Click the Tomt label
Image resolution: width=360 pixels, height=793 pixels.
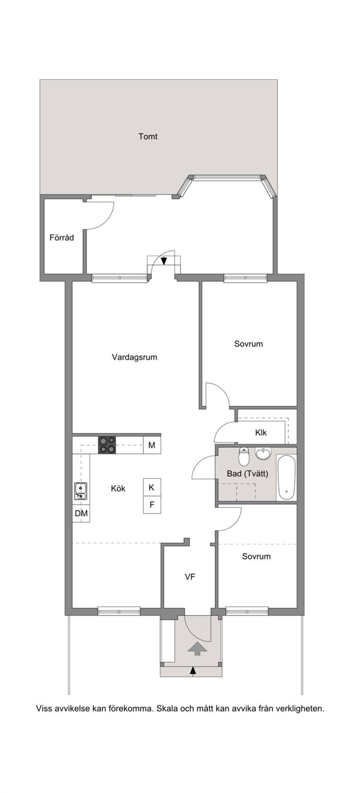tap(148, 136)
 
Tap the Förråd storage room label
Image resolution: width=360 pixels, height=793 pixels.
tap(62, 237)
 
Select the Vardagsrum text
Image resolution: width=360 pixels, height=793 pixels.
tap(134, 357)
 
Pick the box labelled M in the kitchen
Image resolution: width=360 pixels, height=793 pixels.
tap(152, 445)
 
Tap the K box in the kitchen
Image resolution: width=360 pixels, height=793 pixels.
tap(152, 488)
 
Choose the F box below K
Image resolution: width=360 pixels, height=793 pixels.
tap(152, 505)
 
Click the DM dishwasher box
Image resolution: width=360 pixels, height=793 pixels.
tap(81, 513)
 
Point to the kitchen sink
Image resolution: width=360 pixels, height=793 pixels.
tap(81, 491)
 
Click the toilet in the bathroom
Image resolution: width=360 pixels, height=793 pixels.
tap(244, 457)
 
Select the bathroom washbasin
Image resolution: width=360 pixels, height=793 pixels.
tap(263, 454)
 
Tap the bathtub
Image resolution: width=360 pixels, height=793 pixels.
tap(286, 478)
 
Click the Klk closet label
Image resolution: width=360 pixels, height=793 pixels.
tap(261, 432)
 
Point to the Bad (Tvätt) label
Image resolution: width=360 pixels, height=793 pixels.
tap(247, 474)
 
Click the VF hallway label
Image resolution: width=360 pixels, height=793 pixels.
tap(190, 577)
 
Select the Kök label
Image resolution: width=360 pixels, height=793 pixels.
tap(118, 489)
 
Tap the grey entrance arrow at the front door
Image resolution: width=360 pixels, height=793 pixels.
tap(197, 649)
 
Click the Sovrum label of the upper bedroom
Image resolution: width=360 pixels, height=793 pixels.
tap(249, 344)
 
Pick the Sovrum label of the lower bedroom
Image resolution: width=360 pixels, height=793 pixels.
tap(256, 557)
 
